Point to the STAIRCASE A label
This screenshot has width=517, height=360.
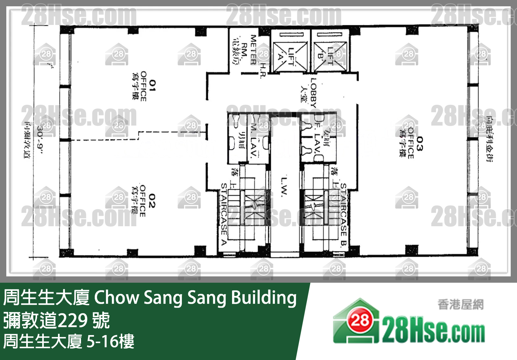click(224, 214)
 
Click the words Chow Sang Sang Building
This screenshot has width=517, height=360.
click(195, 298)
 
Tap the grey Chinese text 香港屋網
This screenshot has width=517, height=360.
click(460, 304)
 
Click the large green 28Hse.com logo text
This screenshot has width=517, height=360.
click(433, 331)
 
